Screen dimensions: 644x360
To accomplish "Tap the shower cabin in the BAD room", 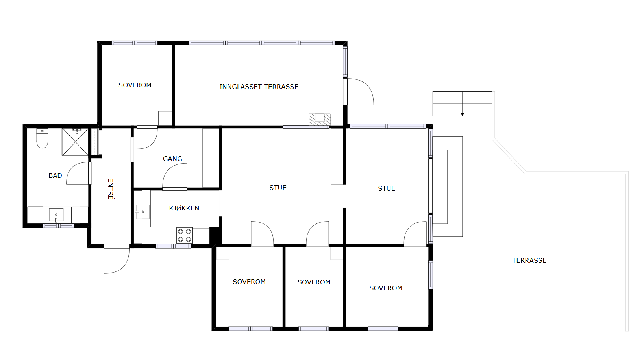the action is pyautogui.click(x=75, y=142).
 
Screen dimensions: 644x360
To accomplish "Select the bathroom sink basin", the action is pyautogui.click(x=56, y=215).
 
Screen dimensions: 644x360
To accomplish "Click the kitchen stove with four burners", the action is pyautogui.click(x=184, y=235).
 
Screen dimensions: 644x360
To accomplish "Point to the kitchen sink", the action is pyautogui.click(x=142, y=212).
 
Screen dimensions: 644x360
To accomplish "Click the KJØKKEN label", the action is pyautogui.click(x=184, y=208).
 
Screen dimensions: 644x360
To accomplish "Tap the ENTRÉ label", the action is pyautogui.click(x=110, y=189).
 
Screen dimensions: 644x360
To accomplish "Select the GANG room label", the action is pyautogui.click(x=172, y=159).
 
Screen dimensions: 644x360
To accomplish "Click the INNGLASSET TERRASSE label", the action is pyautogui.click(x=259, y=87).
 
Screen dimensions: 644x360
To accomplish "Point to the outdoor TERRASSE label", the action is pyautogui.click(x=529, y=260).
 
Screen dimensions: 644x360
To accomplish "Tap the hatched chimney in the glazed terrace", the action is pyautogui.click(x=320, y=119).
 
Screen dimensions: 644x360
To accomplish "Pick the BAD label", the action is pyautogui.click(x=55, y=175).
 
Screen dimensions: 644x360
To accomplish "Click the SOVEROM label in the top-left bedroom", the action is pyautogui.click(x=135, y=85).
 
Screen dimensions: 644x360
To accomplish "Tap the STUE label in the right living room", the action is pyautogui.click(x=387, y=189).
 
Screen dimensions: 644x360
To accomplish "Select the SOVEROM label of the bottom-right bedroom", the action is pyautogui.click(x=386, y=288).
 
